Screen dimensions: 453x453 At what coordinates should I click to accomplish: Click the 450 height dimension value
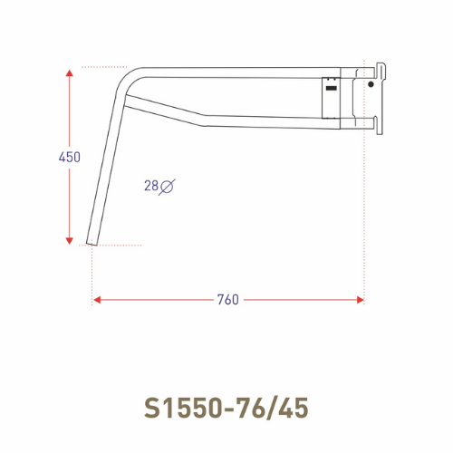(x=70, y=157)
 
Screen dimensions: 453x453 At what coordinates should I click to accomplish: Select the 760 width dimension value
(x=228, y=300)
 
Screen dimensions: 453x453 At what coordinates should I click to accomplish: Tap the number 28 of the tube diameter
(x=150, y=186)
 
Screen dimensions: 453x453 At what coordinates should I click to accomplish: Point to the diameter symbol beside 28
(x=168, y=186)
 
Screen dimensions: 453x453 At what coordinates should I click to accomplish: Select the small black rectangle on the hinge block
(x=332, y=89)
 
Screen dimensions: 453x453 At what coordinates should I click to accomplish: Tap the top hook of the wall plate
(x=382, y=65)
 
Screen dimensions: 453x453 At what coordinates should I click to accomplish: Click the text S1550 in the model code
(x=186, y=406)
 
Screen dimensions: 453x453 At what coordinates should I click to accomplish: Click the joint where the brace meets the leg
(x=123, y=103)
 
